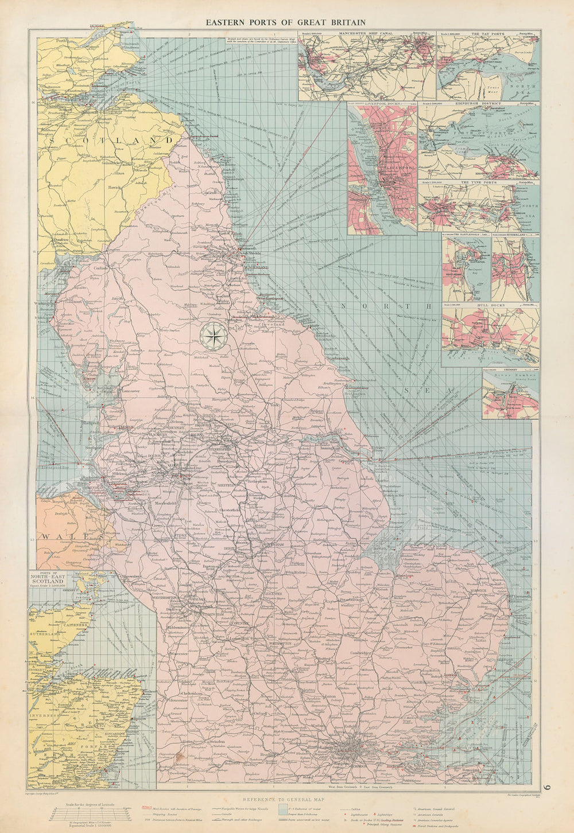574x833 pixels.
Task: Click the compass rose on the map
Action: coord(214,334)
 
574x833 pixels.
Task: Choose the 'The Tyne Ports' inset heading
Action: coord(481,182)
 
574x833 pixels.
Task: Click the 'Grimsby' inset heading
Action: coord(509,371)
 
